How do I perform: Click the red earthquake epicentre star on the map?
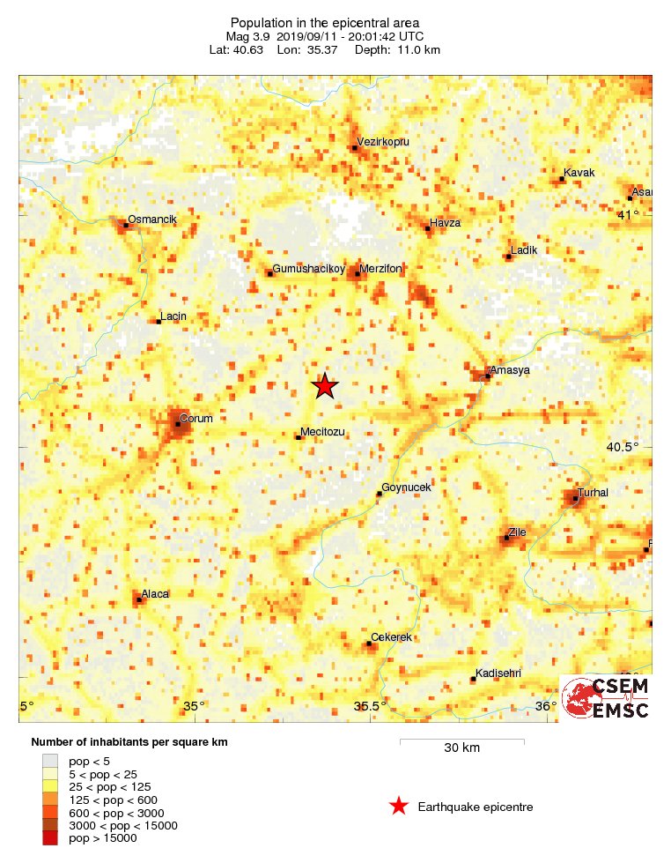point(325,386)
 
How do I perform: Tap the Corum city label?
point(195,419)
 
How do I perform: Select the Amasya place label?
point(509,370)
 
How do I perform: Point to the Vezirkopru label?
point(383,141)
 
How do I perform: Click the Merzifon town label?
point(381,268)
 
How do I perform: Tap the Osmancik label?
point(152,219)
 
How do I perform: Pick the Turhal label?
point(593,492)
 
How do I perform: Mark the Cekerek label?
point(392,637)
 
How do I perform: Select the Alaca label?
point(155,594)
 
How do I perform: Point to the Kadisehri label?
point(498,673)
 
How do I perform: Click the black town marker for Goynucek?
point(380,494)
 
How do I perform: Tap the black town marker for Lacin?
point(159,322)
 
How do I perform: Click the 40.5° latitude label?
point(623,447)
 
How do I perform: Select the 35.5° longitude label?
point(370,706)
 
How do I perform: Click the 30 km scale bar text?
point(461,748)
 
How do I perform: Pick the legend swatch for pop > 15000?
point(50,838)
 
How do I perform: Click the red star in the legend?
point(399,806)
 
